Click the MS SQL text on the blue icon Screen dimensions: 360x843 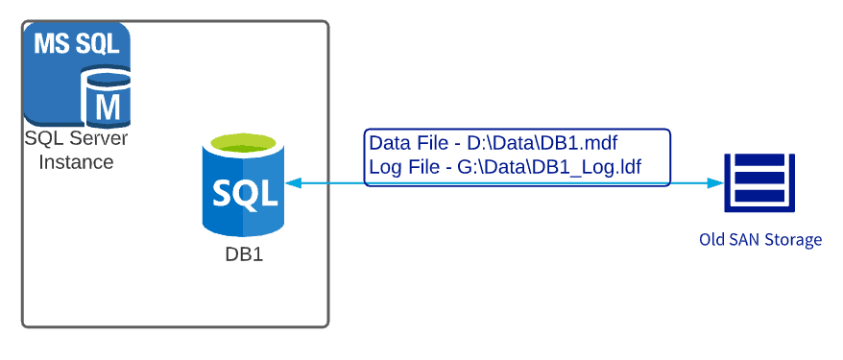[x=76, y=44]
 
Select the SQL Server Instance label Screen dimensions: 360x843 [x=76, y=151]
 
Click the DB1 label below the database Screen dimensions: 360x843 [x=243, y=256]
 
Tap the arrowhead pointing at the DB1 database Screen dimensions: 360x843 [x=291, y=182]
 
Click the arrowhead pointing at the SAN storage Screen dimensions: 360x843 [x=715, y=182]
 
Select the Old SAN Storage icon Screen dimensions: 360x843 [x=760, y=183]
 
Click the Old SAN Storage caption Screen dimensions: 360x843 [x=759, y=239]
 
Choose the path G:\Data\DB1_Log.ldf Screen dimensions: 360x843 [x=549, y=168]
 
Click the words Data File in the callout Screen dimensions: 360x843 [x=408, y=144]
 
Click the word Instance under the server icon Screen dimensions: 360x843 [x=76, y=162]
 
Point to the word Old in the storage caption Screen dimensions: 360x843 [x=712, y=239]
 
